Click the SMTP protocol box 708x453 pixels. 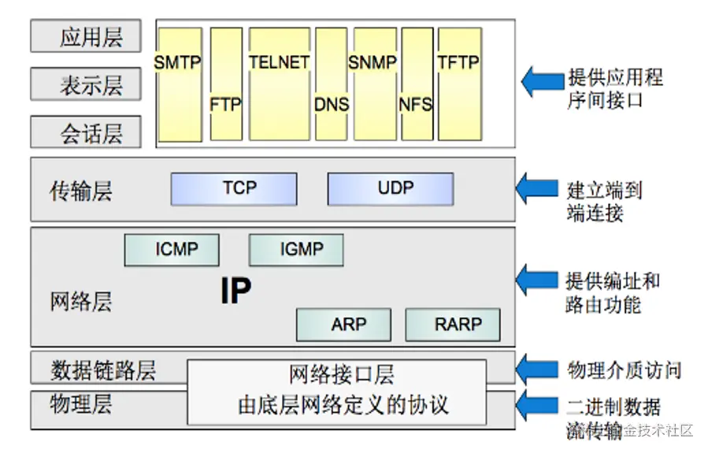click(179, 84)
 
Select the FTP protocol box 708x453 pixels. click(226, 84)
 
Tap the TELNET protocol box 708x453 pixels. click(280, 84)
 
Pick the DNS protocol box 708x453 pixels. click(332, 84)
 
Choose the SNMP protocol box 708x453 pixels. click(374, 84)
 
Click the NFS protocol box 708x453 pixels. click(417, 84)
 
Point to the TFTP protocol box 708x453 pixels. click(459, 84)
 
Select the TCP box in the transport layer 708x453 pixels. click(234, 189)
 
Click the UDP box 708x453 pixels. click(391, 189)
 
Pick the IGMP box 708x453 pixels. click(296, 251)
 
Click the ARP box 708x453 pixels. click(343, 325)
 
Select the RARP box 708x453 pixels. click(454, 325)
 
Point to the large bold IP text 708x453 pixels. click(235, 291)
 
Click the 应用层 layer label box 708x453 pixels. click(87, 37)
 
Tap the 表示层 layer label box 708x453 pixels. click(87, 84)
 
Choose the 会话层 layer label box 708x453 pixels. click(87, 132)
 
